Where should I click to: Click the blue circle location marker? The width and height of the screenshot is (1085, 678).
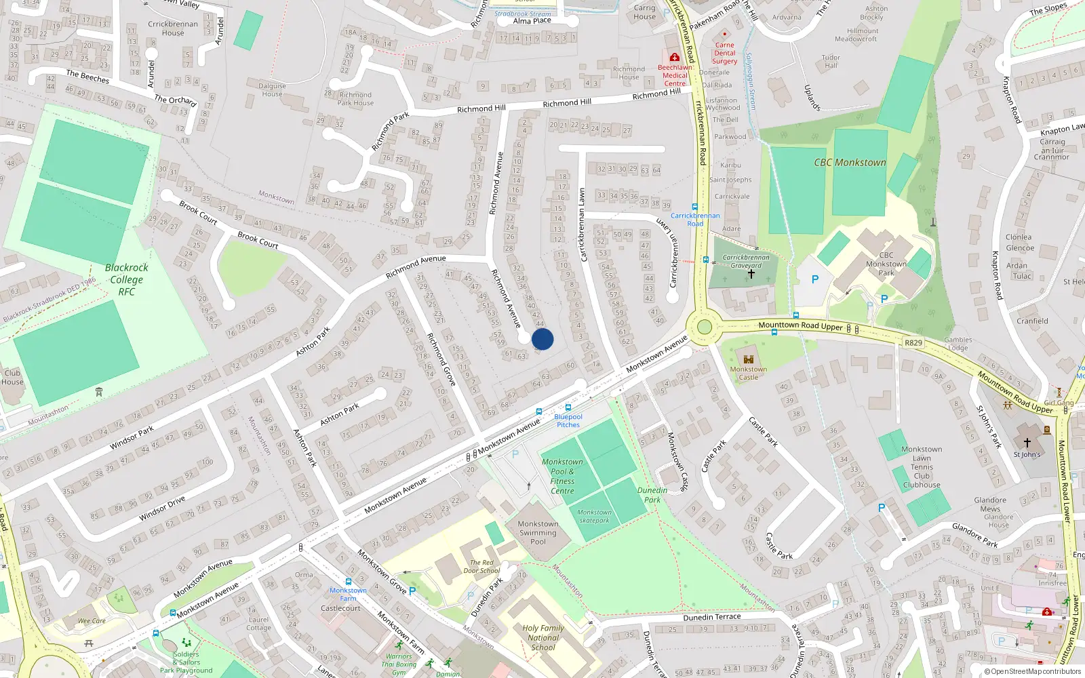pos(542,339)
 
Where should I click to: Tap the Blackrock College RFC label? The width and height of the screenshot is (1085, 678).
pos(127,279)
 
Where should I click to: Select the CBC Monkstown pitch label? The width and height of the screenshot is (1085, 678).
pos(850,163)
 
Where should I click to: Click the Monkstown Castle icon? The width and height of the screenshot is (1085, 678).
pos(749,359)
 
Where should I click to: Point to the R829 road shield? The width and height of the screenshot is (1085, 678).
pos(913,343)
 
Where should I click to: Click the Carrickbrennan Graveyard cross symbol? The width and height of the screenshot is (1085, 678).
pos(751,274)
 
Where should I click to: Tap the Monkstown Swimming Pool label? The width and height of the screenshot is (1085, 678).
pos(538,533)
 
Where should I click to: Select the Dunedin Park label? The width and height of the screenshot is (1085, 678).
pos(652,495)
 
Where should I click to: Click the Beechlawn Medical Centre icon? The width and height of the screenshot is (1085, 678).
pos(675,58)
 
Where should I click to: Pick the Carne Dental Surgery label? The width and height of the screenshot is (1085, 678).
pos(724,53)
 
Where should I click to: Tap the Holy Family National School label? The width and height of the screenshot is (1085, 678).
pos(543,637)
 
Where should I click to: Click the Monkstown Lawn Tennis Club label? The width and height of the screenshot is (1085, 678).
pos(922,467)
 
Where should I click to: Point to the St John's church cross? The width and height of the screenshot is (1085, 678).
pos(1027,443)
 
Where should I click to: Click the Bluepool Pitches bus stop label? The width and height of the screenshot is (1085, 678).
pos(568,420)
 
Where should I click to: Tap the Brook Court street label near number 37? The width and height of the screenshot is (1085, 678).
pos(198,212)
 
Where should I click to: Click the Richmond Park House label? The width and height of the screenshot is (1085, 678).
pos(355,99)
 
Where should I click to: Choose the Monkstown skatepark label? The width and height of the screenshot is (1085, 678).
pos(594,517)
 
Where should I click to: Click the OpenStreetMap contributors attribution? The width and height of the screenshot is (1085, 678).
pos(1033,671)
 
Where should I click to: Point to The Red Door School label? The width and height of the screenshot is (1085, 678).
pos(481,567)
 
